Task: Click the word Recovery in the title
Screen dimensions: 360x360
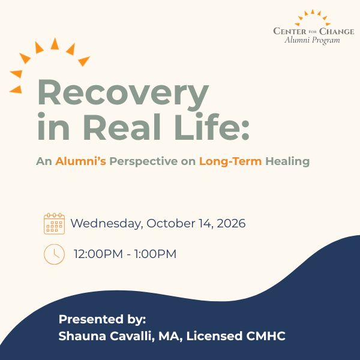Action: coord(123,94)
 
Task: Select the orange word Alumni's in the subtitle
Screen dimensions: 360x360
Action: coord(80,161)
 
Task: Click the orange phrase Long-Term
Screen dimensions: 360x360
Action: coord(230,161)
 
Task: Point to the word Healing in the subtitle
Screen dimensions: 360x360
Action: coord(287,161)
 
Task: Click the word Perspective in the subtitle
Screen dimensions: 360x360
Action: coord(143,161)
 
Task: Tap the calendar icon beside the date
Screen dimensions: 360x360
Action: coord(54,224)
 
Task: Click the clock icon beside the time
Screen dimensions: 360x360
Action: coord(54,254)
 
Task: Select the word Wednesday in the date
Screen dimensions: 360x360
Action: coord(107,224)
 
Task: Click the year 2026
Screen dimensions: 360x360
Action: coord(231,223)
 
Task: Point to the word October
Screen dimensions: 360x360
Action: coord(171,223)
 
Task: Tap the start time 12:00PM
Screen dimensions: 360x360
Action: coord(98,254)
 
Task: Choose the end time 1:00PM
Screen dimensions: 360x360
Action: coord(155,254)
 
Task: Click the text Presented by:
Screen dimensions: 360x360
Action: coord(102,319)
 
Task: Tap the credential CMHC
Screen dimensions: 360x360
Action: coord(266,336)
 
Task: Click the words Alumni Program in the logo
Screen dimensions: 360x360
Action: coord(312,40)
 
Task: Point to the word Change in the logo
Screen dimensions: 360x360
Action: coord(337,31)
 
